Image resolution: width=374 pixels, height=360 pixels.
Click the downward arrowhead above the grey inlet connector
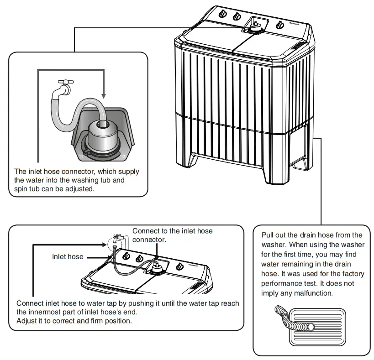[x=104, y=96]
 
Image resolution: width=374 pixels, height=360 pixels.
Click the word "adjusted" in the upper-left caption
[x=80, y=188]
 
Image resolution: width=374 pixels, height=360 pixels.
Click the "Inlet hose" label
[x=68, y=256]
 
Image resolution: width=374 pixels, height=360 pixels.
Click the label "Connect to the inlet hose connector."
[x=172, y=235]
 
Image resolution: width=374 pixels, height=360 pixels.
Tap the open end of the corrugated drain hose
[x=311, y=327]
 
